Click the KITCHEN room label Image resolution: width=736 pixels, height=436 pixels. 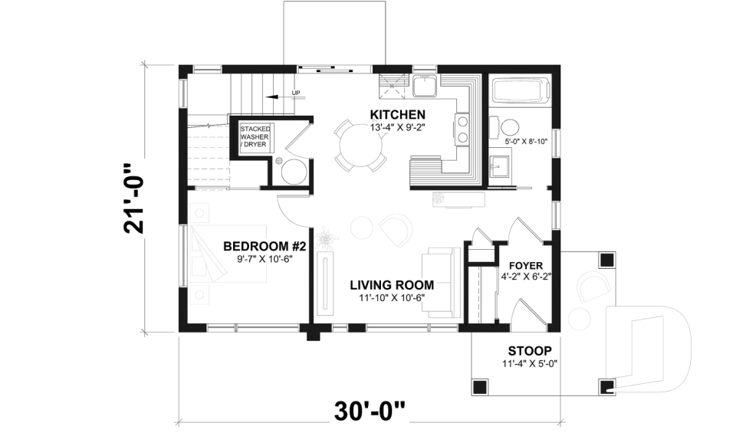tap(397, 115)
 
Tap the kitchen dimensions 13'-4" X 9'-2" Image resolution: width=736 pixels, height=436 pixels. tap(397, 127)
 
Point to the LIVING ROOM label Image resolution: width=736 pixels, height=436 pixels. tap(391, 284)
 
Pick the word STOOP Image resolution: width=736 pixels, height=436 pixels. tap(528, 351)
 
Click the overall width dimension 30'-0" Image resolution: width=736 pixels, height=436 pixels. tap(370, 411)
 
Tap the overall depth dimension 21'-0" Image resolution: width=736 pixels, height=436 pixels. tap(135, 198)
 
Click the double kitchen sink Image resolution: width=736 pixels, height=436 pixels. tap(425, 86)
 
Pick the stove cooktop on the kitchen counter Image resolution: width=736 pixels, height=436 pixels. tap(462, 129)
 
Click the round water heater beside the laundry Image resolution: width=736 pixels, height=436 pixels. tap(294, 172)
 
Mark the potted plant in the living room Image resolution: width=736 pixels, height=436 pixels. tap(327, 239)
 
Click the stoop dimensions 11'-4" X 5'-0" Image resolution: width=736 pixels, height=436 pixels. tap(528, 363)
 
